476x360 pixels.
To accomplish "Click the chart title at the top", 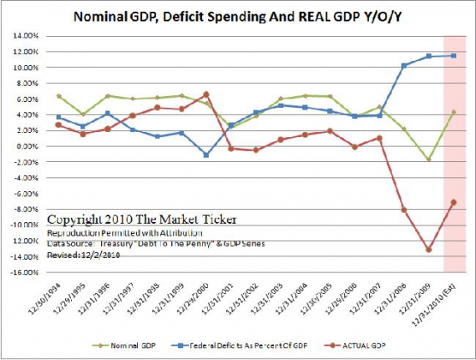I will pos(238,16).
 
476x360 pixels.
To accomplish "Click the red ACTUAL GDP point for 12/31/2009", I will pos(428,249).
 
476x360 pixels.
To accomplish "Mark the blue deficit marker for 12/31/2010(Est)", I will pos(453,56).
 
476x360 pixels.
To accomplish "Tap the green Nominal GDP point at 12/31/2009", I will pos(428,160).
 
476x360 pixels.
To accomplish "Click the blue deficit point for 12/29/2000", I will pos(206,155).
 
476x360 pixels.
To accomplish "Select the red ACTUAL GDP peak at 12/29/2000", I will pos(206,94).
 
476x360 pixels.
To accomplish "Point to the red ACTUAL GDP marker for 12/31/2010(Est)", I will pos(453,202).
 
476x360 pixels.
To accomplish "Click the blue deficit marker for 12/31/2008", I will pos(404,65).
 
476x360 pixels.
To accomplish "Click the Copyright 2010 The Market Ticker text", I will pos(141,220).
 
